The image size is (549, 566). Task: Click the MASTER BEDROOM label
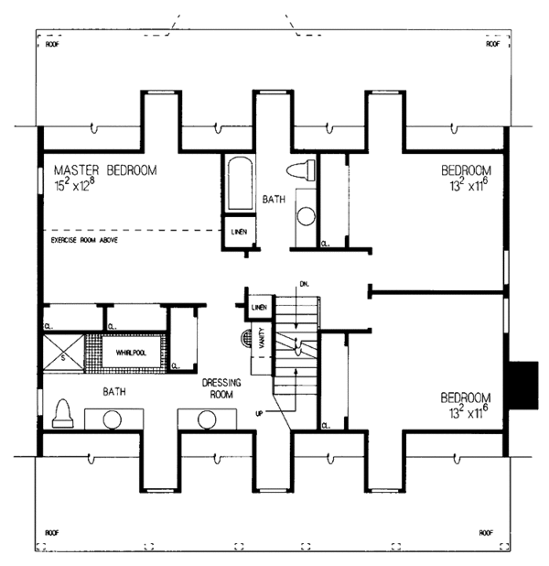tap(104, 170)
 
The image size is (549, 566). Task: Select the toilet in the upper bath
tap(300, 169)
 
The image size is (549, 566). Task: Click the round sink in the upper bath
tap(307, 216)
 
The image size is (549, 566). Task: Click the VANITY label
tap(262, 341)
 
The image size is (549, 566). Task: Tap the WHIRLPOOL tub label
tap(132, 352)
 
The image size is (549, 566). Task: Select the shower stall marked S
tap(62, 352)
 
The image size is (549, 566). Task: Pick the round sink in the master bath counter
tap(113, 420)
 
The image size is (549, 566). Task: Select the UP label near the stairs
tap(259, 413)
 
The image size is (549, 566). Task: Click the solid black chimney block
tap(523, 385)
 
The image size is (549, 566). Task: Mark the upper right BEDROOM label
tap(467, 170)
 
